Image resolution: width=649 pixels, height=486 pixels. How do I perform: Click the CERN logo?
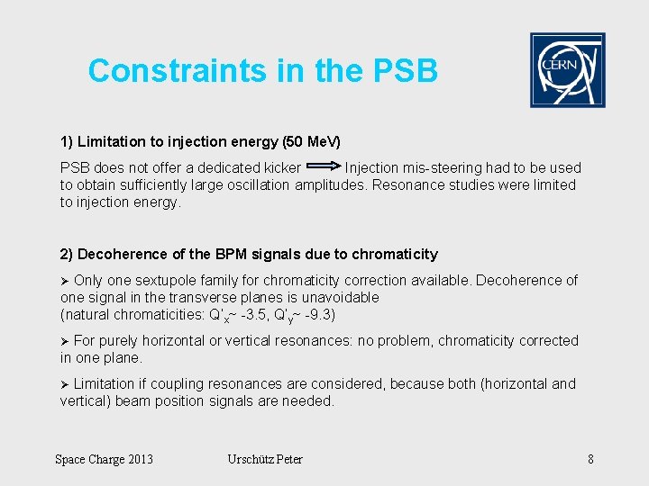(x=567, y=70)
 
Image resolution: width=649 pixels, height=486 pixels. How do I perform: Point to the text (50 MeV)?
(x=311, y=142)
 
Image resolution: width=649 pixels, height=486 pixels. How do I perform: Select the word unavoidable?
(x=336, y=297)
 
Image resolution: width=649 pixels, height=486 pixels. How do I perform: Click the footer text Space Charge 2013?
(x=104, y=460)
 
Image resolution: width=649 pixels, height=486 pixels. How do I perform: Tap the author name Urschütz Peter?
(x=265, y=460)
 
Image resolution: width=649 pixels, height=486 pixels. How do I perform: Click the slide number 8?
(x=590, y=460)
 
